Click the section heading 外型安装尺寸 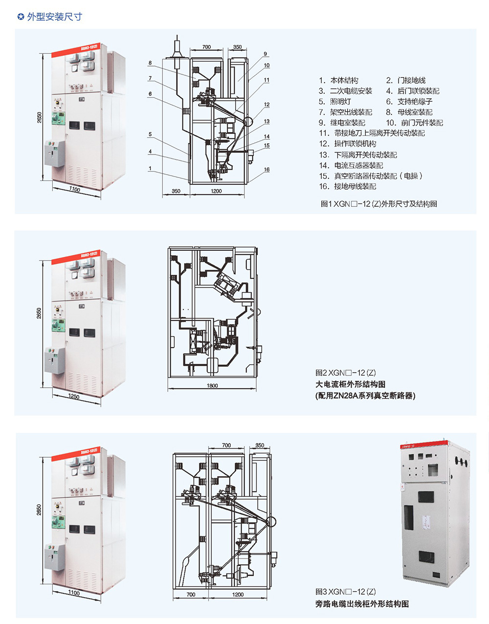click(54, 17)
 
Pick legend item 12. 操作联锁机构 click(348, 144)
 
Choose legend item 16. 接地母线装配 click(348, 186)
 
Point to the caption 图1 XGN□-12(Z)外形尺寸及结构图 click(378, 203)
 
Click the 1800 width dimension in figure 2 click(212, 386)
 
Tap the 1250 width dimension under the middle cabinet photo click(74, 397)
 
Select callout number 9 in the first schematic click(265, 54)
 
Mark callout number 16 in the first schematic click(267, 170)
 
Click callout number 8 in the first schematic click(150, 63)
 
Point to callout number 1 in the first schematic click(150, 168)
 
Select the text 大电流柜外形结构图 click(350, 384)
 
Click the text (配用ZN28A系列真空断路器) click(365, 396)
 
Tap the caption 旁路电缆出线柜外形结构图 click(362, 604)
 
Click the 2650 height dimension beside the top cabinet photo click(40, 117)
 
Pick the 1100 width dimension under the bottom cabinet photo click(74, 593)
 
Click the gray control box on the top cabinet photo click(54, 154)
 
